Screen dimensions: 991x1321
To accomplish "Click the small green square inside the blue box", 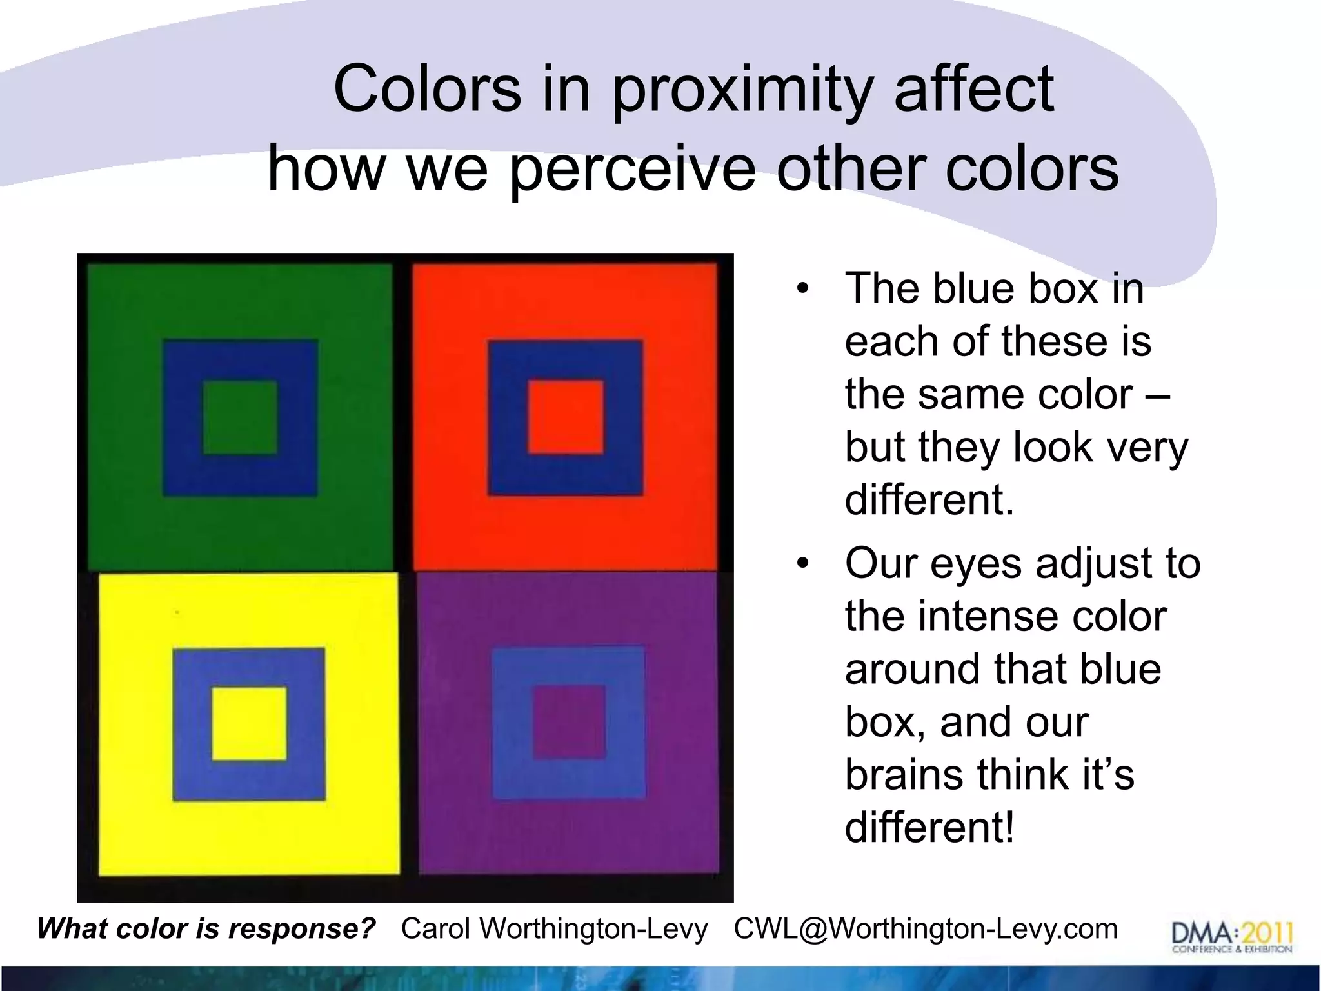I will click(x=240, y=417).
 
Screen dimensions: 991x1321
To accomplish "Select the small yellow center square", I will click(x=249, y=724).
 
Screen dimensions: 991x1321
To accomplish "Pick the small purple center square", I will click(x=569, y=722).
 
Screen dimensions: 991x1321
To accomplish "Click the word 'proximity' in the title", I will click(x=742, y=90).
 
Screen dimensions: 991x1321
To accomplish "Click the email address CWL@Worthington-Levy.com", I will click(x=926, y=929).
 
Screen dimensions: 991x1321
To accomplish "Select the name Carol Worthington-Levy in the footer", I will click(x=554, y=929).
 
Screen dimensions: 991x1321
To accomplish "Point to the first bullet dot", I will click(x=802, y=288).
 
